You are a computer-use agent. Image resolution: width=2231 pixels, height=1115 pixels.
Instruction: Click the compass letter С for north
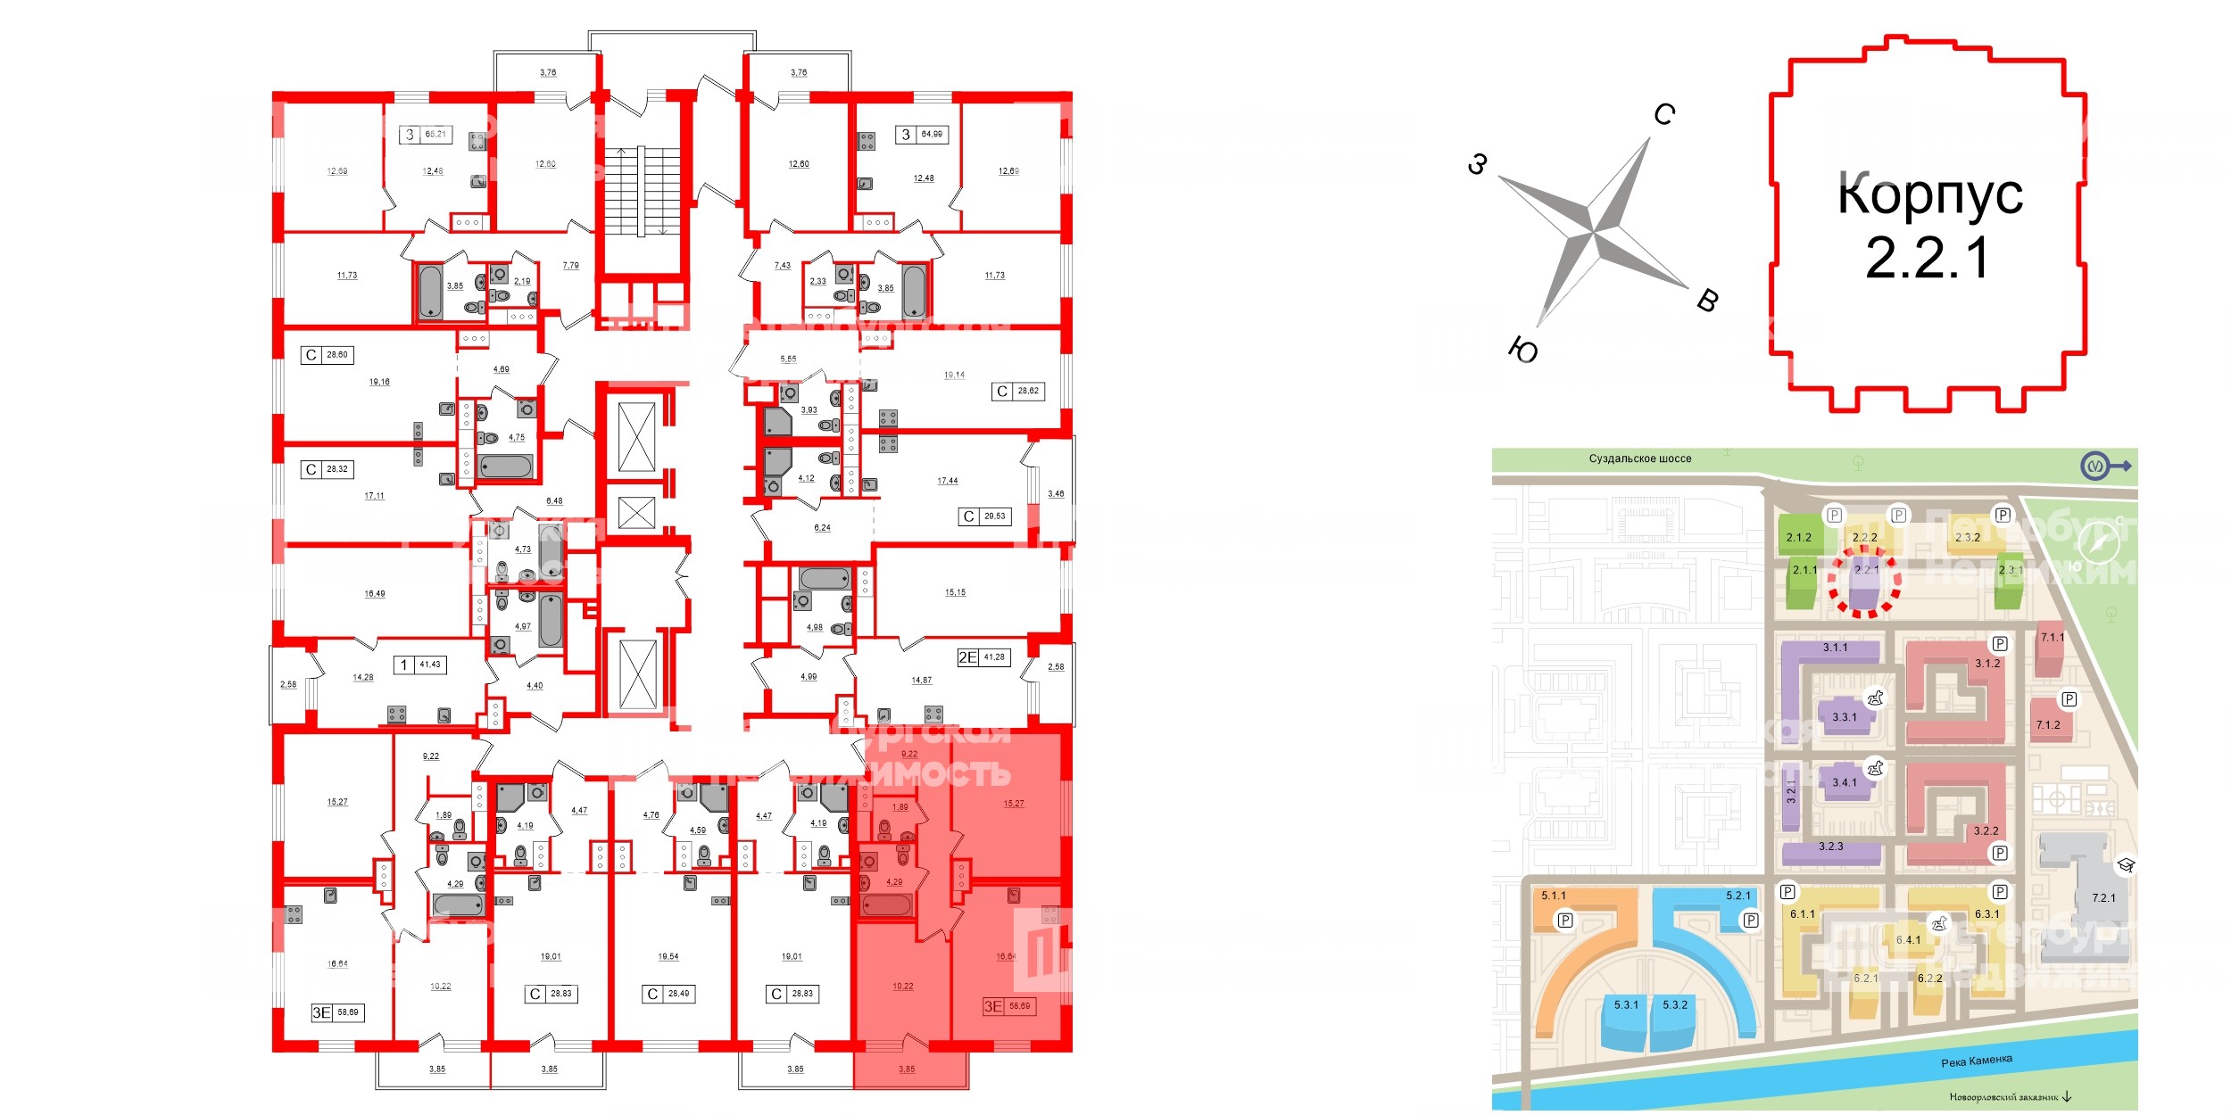pyautogui.click(x=1663, y=114)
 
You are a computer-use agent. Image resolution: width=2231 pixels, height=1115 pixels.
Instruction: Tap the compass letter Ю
pyautogui.click(x=1523, y=351)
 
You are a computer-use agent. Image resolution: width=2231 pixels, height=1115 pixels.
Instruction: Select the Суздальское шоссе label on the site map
pyautogui.click(x=1639, y=458)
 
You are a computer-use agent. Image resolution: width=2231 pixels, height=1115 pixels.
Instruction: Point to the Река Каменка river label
pyautogui.click(x=1977, y=1061)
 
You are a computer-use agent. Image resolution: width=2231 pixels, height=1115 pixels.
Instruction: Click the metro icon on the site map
pyautogui.click(x=2094, y=466)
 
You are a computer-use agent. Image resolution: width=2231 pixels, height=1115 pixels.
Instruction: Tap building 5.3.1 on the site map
pyautogui.click(x=1626, y=1005)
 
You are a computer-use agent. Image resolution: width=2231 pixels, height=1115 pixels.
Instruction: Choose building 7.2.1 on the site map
pyautogui.click(x=2102, y=897)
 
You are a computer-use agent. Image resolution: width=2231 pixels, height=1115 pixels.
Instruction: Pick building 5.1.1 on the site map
pyautogui.click(x=1554, y=896)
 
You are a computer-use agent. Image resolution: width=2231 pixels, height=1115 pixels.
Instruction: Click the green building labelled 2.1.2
pyautogui.click(x=1799, y=537)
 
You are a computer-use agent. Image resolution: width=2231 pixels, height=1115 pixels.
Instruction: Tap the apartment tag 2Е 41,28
pyautogui.click(x=982, y=657)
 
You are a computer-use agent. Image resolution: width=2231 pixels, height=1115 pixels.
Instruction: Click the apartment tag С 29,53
pyautogui.click(x=985, y=516)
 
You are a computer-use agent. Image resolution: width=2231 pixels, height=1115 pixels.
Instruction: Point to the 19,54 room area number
pyautogui.click(x=668, y=956)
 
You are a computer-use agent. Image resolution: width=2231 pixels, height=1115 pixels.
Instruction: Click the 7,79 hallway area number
pyautogui.click(x=571, y=266)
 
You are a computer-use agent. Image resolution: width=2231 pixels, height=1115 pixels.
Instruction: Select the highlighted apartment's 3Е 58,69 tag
pyautogui.click(x=1008, y=1006)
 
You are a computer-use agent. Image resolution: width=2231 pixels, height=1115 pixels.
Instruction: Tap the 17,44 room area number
pyautogui.click(x=947, y=481)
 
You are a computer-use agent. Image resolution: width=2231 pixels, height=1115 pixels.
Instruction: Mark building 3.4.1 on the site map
pyautogui.click(x=1844, y=782)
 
